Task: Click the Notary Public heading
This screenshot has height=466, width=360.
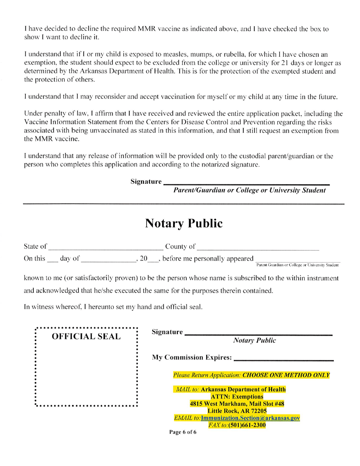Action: (x=183, y=224)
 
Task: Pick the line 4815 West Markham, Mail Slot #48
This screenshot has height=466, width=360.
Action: (x=237, y=403)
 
